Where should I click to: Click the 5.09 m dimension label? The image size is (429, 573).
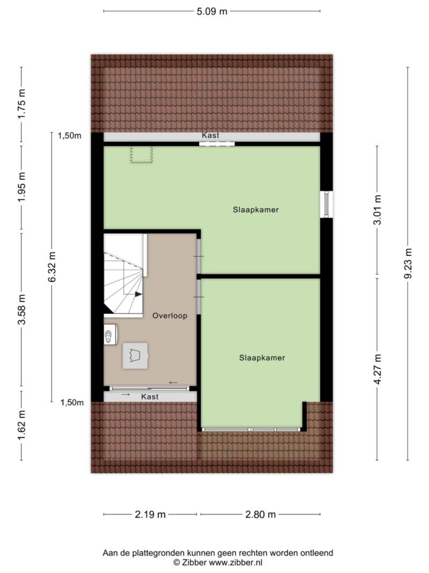click(x=212, y=11)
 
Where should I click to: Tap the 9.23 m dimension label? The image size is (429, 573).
click(x=408, y=264)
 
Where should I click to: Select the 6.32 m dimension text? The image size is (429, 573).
click(x=52, y=267)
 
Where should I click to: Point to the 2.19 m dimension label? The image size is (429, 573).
click(x=150, y=514)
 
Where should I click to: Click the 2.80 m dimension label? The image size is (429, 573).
click(x=261, y=514)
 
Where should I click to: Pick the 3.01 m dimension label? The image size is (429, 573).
click(x=377, y=210)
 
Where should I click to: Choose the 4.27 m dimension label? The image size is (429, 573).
click(x=377, y=369)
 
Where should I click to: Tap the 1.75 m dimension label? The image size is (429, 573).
click(x=22, y=104)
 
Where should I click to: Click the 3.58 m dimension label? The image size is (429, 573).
click(x=22, y=309)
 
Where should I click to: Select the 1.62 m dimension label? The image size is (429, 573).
click(x=22, y=425)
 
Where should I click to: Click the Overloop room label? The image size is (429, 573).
click(x=170, y=316)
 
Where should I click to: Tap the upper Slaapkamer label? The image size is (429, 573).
click(x=256, y=210)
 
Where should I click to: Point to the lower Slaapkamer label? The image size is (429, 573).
click(x=262, y=358)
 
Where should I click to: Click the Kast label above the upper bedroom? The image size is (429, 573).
click(x=211, y=135)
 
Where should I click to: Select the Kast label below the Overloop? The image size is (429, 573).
click(x=150, y=396)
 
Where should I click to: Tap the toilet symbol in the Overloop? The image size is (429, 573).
click(x=108, y=335)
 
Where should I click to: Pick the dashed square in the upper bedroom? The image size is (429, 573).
click(x=141, y=154)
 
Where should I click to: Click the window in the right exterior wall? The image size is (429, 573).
click(x=327, y=204)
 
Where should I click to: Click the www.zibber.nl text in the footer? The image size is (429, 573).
click(x=235, y=562)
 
